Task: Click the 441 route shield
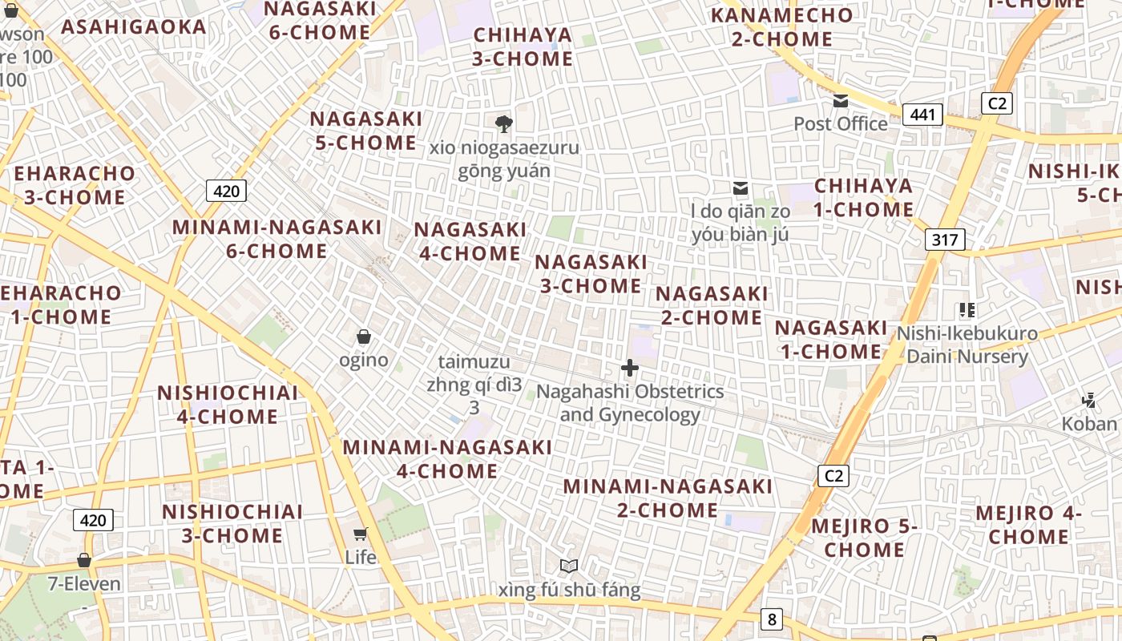point(922,115)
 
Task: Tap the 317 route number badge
point(945,239)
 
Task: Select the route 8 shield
point(771,619)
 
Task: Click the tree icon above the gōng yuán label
point(504,123)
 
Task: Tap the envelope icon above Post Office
point(841,101)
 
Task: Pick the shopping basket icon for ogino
point(363,337)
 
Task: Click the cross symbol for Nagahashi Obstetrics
point(630,369)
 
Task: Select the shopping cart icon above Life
point(361,534)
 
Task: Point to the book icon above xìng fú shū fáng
point(569,566)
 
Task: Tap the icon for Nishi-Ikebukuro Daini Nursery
point(967,310)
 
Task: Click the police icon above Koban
point(1088,400)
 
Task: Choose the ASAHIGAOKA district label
point(134,26)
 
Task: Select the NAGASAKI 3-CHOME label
point(591,273)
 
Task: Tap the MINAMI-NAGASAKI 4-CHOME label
point(447,458)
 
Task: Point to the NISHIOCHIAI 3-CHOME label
point(232,523)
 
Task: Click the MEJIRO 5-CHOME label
point(864,537)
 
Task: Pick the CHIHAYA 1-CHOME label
point(864,197)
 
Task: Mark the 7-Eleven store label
point(84,583)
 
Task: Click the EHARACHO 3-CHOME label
point(75,184)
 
